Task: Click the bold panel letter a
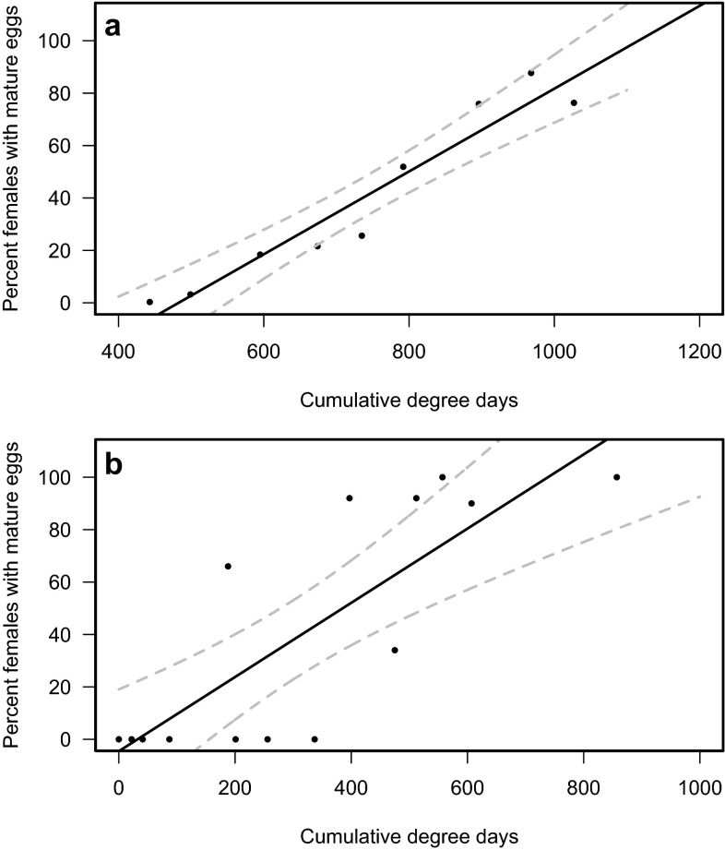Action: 113,28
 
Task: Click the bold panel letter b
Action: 113,464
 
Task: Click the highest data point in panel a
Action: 530,73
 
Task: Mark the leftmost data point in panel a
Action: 149,302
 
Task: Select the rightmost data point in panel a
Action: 574,102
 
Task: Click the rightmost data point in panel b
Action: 616,477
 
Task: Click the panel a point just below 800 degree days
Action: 403,166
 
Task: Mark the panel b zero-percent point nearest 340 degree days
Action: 315,739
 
